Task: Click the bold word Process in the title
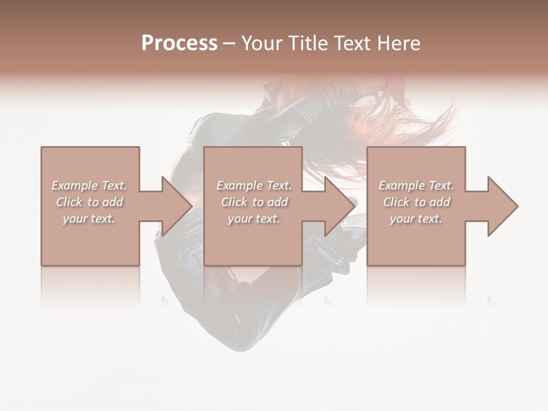[x=179, y=43]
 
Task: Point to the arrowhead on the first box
[x=175, y=206]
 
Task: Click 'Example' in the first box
[x=75, y=186]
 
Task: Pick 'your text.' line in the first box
[x=89, y=219]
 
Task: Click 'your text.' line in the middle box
[x=253, y=219]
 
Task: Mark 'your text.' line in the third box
[x=416, y=219]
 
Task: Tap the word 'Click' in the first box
[x=70, y=202]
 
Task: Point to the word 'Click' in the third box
[x=397, y=202]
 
